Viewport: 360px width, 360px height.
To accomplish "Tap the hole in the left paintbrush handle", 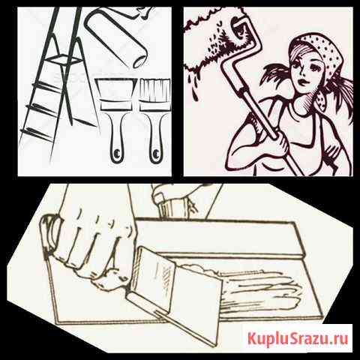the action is tap(116, 152).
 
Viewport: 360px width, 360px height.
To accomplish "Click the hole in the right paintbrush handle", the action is tap(156, 152).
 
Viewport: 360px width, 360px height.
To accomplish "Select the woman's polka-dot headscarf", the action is tap(316, 55).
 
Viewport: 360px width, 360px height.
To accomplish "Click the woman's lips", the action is tap(303, 82).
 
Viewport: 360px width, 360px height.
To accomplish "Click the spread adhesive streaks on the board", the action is tap(257, 287).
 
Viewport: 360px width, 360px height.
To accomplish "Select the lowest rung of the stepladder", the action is tap(37, 133).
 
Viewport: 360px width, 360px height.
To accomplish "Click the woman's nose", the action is tap(304, 73).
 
